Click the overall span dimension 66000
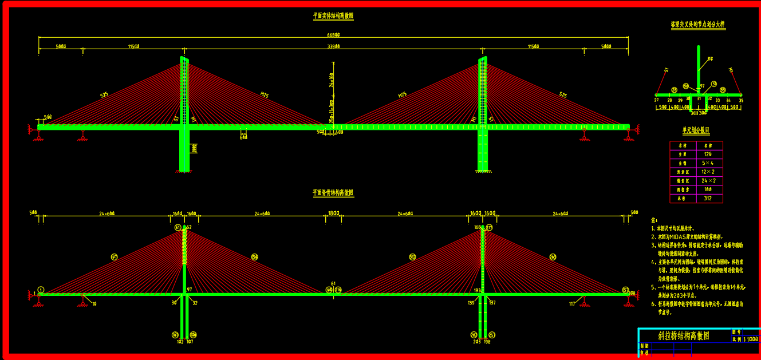click(333, 34)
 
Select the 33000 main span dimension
click(333, 46)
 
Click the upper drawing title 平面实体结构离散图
click(333, 17)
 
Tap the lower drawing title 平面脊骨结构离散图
click(333, 193)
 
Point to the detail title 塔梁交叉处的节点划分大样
click(698, 25)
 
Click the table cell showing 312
click(708, 199)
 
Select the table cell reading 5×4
click(708, 163)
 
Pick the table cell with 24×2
click(708, 181)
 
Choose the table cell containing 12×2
click(708, 172)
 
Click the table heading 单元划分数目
click(696, 130)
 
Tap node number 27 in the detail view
click(657, 100)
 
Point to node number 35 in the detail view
click(740, 100)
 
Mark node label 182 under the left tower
click(180, 342)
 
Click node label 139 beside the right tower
click(471, 303)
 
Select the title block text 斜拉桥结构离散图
click(683, 336)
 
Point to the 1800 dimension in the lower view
click(333, 213)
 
